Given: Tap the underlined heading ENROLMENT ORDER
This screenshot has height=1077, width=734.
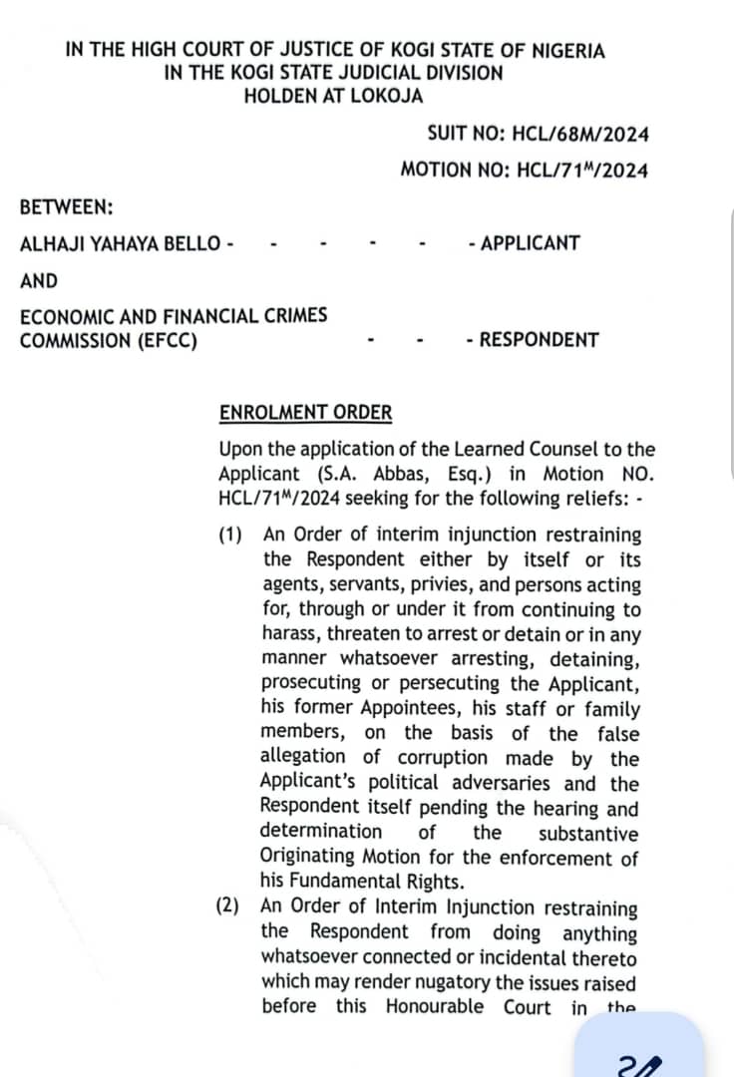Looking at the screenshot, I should pyautogui.click(x=305, y=413).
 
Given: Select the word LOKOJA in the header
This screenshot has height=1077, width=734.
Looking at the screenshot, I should pyautogui.click(x=386, y=96).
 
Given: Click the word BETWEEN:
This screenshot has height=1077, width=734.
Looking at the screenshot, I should pyautogui.click(x=66, y=207).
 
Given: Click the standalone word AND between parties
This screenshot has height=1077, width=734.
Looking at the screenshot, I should pyautogui.click(x=39, y=281).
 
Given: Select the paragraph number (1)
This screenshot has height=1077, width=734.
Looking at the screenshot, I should pyautogui.click(x=230, y=536).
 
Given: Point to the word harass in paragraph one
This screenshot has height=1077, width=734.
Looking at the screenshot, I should pyautogui.click(x=291, y=634).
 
